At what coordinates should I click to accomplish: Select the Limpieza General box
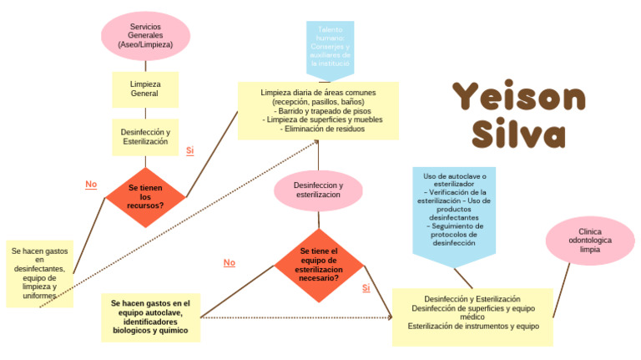[145, 89]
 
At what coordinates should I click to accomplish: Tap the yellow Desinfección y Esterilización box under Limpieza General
[145, 138]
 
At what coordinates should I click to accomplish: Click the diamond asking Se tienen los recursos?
[145, 196]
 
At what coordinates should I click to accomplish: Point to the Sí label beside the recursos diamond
[189, 150]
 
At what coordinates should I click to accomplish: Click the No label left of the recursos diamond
[91, 184]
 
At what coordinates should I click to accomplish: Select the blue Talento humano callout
[330, 46]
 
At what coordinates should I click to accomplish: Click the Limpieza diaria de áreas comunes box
[318, 110]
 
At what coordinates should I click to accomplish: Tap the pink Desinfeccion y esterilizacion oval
[318, 190]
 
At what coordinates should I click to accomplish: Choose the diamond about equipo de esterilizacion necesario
[318, 264]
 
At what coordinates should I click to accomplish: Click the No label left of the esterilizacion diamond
[229, 262]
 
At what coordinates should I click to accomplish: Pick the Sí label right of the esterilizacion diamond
[366, 287]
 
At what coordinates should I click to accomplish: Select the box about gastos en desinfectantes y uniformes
[39, 273]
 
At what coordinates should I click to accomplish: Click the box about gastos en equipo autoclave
[150, 317]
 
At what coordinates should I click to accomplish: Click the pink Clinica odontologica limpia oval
[589, 241]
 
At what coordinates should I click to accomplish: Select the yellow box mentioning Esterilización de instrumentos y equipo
[472, 317]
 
